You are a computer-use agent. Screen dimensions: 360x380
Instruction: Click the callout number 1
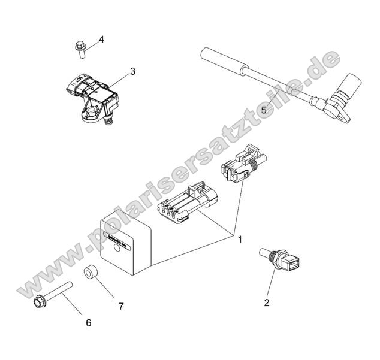pos(239,240)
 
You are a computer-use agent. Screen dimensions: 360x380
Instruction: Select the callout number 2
pos(267,302)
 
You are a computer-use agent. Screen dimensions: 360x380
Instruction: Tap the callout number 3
pos(132,71)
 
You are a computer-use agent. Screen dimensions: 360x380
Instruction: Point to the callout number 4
pos(101,40)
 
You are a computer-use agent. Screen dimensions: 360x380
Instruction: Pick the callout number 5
pos(264,110)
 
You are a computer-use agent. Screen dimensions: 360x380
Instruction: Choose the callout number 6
pos(88,322)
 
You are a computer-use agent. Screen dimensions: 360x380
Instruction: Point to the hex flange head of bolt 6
pos(37,299)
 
